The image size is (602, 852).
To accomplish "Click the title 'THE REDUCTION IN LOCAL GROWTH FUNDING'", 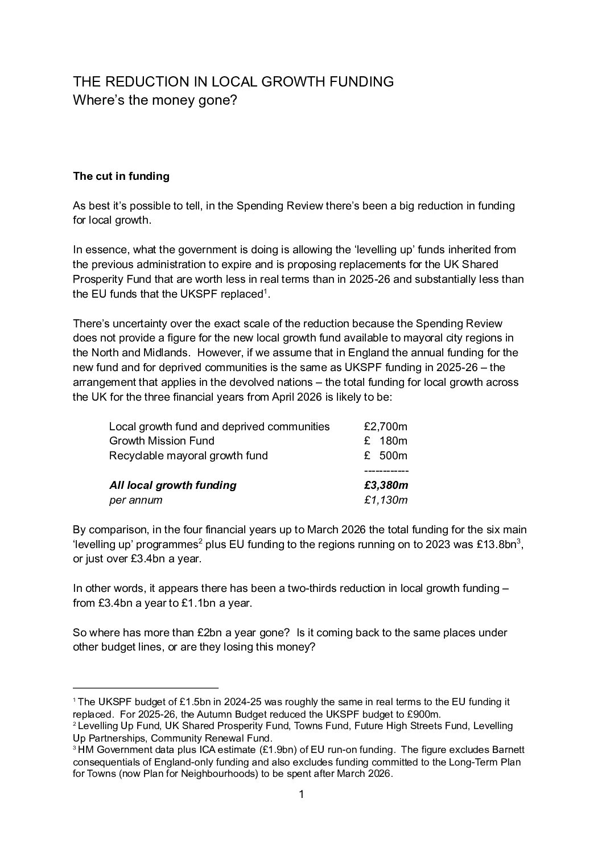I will tap(233, 81).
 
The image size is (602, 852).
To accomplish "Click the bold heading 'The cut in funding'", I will tap(121, 176).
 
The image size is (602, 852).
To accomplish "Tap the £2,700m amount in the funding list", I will tap(385, 426).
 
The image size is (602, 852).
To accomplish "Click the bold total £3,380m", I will tap(386, 485).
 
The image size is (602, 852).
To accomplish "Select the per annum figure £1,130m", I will tap(386, 500).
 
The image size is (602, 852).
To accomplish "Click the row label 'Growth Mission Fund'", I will tap(162, 441).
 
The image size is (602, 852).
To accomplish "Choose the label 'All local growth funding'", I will tap(172, 485).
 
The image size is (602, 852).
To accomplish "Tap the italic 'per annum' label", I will tap(135, 500).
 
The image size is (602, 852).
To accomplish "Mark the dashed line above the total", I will tap(386, 471).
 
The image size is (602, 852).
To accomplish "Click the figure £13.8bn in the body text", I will tap(494, 544).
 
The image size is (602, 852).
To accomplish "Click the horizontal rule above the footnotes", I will tap(146, 688).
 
